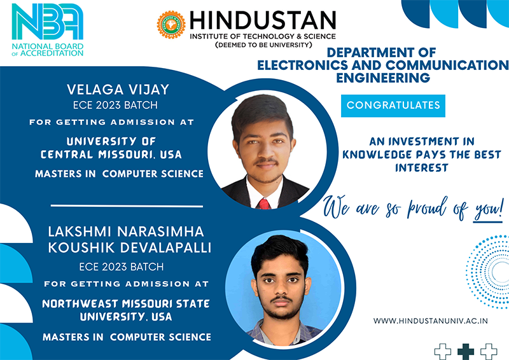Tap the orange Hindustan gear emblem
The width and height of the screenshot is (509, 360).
pos(171,25)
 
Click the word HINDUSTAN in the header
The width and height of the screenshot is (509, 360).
pos(263,20)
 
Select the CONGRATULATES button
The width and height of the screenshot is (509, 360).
pos(393,106)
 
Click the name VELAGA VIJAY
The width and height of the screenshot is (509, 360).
pos(118,90)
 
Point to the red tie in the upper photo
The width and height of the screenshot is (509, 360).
pos(264,204)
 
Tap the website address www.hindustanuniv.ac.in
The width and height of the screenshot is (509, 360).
pos(431,321)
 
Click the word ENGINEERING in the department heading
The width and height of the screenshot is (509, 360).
pos(383,78)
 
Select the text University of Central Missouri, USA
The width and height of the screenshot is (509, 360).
pos(111,148)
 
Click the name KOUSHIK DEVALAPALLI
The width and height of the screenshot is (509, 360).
pos(130,247)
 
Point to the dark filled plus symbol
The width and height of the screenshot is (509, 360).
pos(466,352)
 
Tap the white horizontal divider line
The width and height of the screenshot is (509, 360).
pos(127,206)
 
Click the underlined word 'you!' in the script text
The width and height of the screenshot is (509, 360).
pos(488,210)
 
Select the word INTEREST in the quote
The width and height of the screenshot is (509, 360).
pos(422,168)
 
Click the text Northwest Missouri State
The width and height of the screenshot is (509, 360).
pos(126,304)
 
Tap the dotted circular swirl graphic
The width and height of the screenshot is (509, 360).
pos(487,272)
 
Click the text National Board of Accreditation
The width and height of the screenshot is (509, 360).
pos(48,50)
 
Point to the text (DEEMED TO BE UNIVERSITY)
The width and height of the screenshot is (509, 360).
pos(263,45)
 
